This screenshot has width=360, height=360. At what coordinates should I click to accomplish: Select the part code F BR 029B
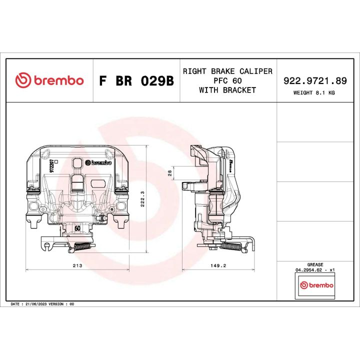click(x=136, y=81)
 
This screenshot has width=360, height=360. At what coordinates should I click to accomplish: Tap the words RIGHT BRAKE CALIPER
click(x=227, y=71)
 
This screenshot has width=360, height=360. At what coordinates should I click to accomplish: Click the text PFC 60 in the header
click(x=227, y=80)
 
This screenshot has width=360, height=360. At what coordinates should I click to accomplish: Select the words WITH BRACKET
click(x=227, y=90)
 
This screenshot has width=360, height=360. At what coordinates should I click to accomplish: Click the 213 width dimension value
click(x=77, y=265)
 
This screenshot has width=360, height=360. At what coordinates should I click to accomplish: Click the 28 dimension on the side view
click(x=169, y=173)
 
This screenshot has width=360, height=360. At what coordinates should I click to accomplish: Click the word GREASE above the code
click(x=315, y=264)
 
